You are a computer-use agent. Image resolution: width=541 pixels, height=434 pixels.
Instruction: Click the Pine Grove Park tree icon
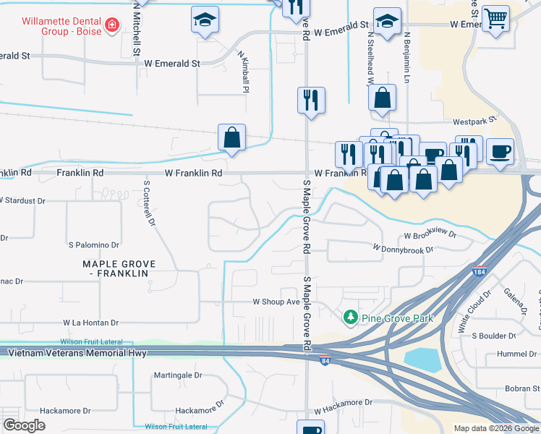351,318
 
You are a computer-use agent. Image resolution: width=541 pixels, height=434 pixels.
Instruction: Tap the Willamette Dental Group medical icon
112,26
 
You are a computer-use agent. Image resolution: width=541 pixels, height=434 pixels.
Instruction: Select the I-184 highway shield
478,272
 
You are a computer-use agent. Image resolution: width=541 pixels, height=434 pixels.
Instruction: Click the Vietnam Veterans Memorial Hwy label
77,354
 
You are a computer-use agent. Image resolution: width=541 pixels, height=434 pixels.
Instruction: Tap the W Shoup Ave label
276,302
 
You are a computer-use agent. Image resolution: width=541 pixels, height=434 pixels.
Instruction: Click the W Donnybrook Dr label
403,249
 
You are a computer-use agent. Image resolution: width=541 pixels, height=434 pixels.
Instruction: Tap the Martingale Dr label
178,375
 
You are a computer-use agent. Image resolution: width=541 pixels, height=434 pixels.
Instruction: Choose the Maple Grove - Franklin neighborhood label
115,269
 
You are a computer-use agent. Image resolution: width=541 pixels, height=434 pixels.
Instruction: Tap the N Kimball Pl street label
244,72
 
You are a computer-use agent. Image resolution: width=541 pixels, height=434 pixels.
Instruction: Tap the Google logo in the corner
24,425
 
